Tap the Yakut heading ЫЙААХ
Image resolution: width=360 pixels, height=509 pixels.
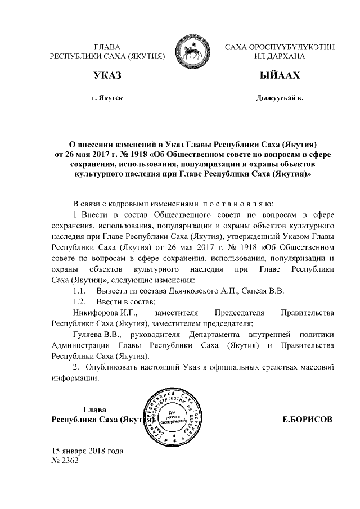(x=280, y=75)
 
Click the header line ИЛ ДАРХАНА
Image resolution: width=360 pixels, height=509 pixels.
(x=280, y=57)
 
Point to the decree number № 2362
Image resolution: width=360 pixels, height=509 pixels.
(x=66, y=461)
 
